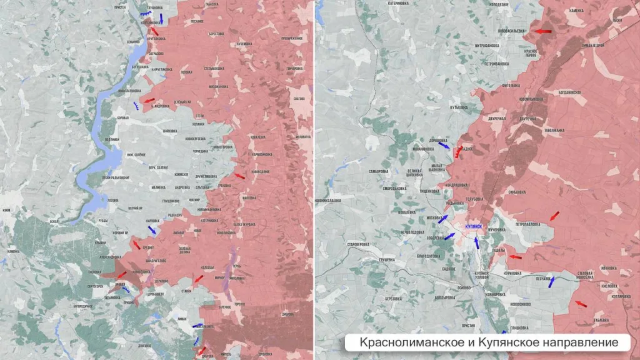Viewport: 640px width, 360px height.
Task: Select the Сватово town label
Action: click(x=299, y=97)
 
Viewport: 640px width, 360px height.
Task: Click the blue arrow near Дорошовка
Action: click(x=443, y=145)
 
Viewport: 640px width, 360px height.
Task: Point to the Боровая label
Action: click(x=123, y=117)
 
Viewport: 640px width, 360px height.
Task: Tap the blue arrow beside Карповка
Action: click(x=152, y=230)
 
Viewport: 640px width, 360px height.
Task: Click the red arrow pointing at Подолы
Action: click(x=514, y=256)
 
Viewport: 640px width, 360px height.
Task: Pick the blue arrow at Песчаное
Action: click(x=551, y=282)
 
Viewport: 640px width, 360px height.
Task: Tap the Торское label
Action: click(x=239, y=304)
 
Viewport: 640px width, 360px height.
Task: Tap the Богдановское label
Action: click(x=569, y=92)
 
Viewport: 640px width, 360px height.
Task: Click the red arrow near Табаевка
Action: click(x=581, y=304)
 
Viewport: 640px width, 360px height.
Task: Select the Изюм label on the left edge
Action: click(x=6, y=210)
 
